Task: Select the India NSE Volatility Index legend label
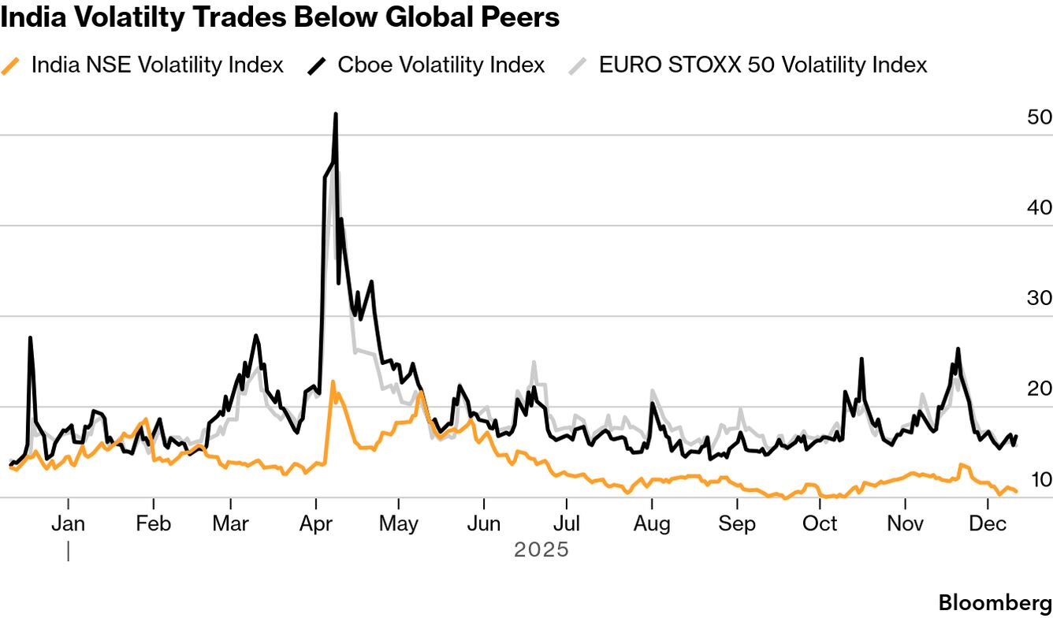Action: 157,65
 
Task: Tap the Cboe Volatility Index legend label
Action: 441,65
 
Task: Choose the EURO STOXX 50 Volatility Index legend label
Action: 763,65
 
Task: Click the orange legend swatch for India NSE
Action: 11,65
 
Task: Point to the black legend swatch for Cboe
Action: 317,65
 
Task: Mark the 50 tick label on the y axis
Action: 1040,117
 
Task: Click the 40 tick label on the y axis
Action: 1040,208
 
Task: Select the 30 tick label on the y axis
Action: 1040,299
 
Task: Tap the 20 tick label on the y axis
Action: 1040,389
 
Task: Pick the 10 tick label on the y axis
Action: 1040,480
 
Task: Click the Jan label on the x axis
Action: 69,524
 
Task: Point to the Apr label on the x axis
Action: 316,524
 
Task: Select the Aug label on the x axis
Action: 652,524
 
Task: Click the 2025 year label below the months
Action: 541,549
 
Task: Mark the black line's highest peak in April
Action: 336,114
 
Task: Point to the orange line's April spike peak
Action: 333,382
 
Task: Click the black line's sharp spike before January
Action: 30,338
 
